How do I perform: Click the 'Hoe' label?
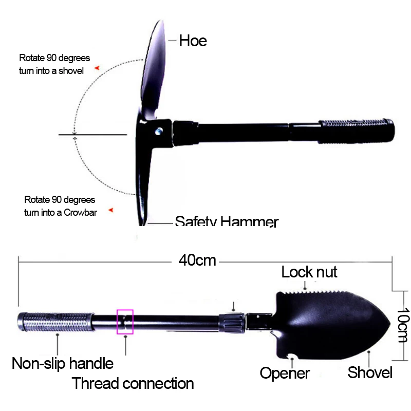click(193, 41)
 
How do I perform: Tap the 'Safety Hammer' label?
click(227, 222)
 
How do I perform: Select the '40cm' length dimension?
click(197, 260)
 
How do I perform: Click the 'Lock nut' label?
click(309, 271)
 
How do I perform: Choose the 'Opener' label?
click(285, 373)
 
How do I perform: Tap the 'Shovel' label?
click(370, 372)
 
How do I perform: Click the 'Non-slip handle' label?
click(63, 364)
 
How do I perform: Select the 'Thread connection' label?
click(133, 383)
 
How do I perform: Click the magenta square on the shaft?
click(125, 322)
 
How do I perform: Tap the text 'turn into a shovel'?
click(51, 71)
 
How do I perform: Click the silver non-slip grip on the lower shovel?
click(57, 322)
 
